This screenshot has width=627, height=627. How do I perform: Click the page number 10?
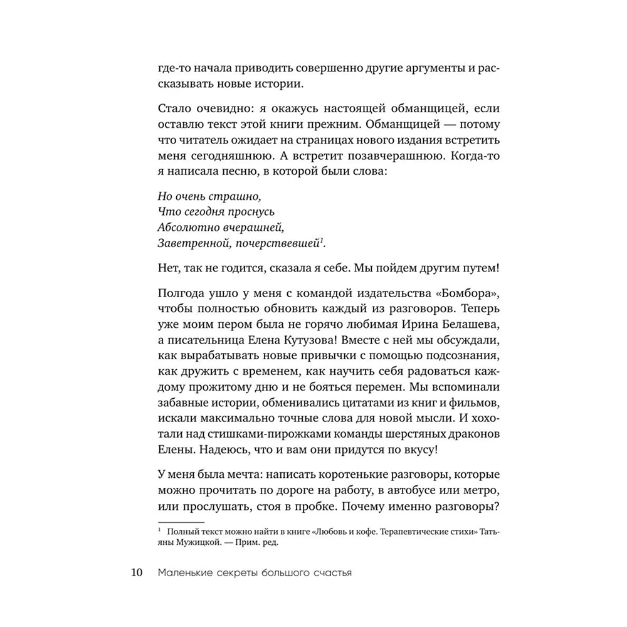[137, 572]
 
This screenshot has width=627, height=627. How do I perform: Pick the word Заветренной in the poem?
[186, 241]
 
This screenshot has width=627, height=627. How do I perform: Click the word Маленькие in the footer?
[187, 572]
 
